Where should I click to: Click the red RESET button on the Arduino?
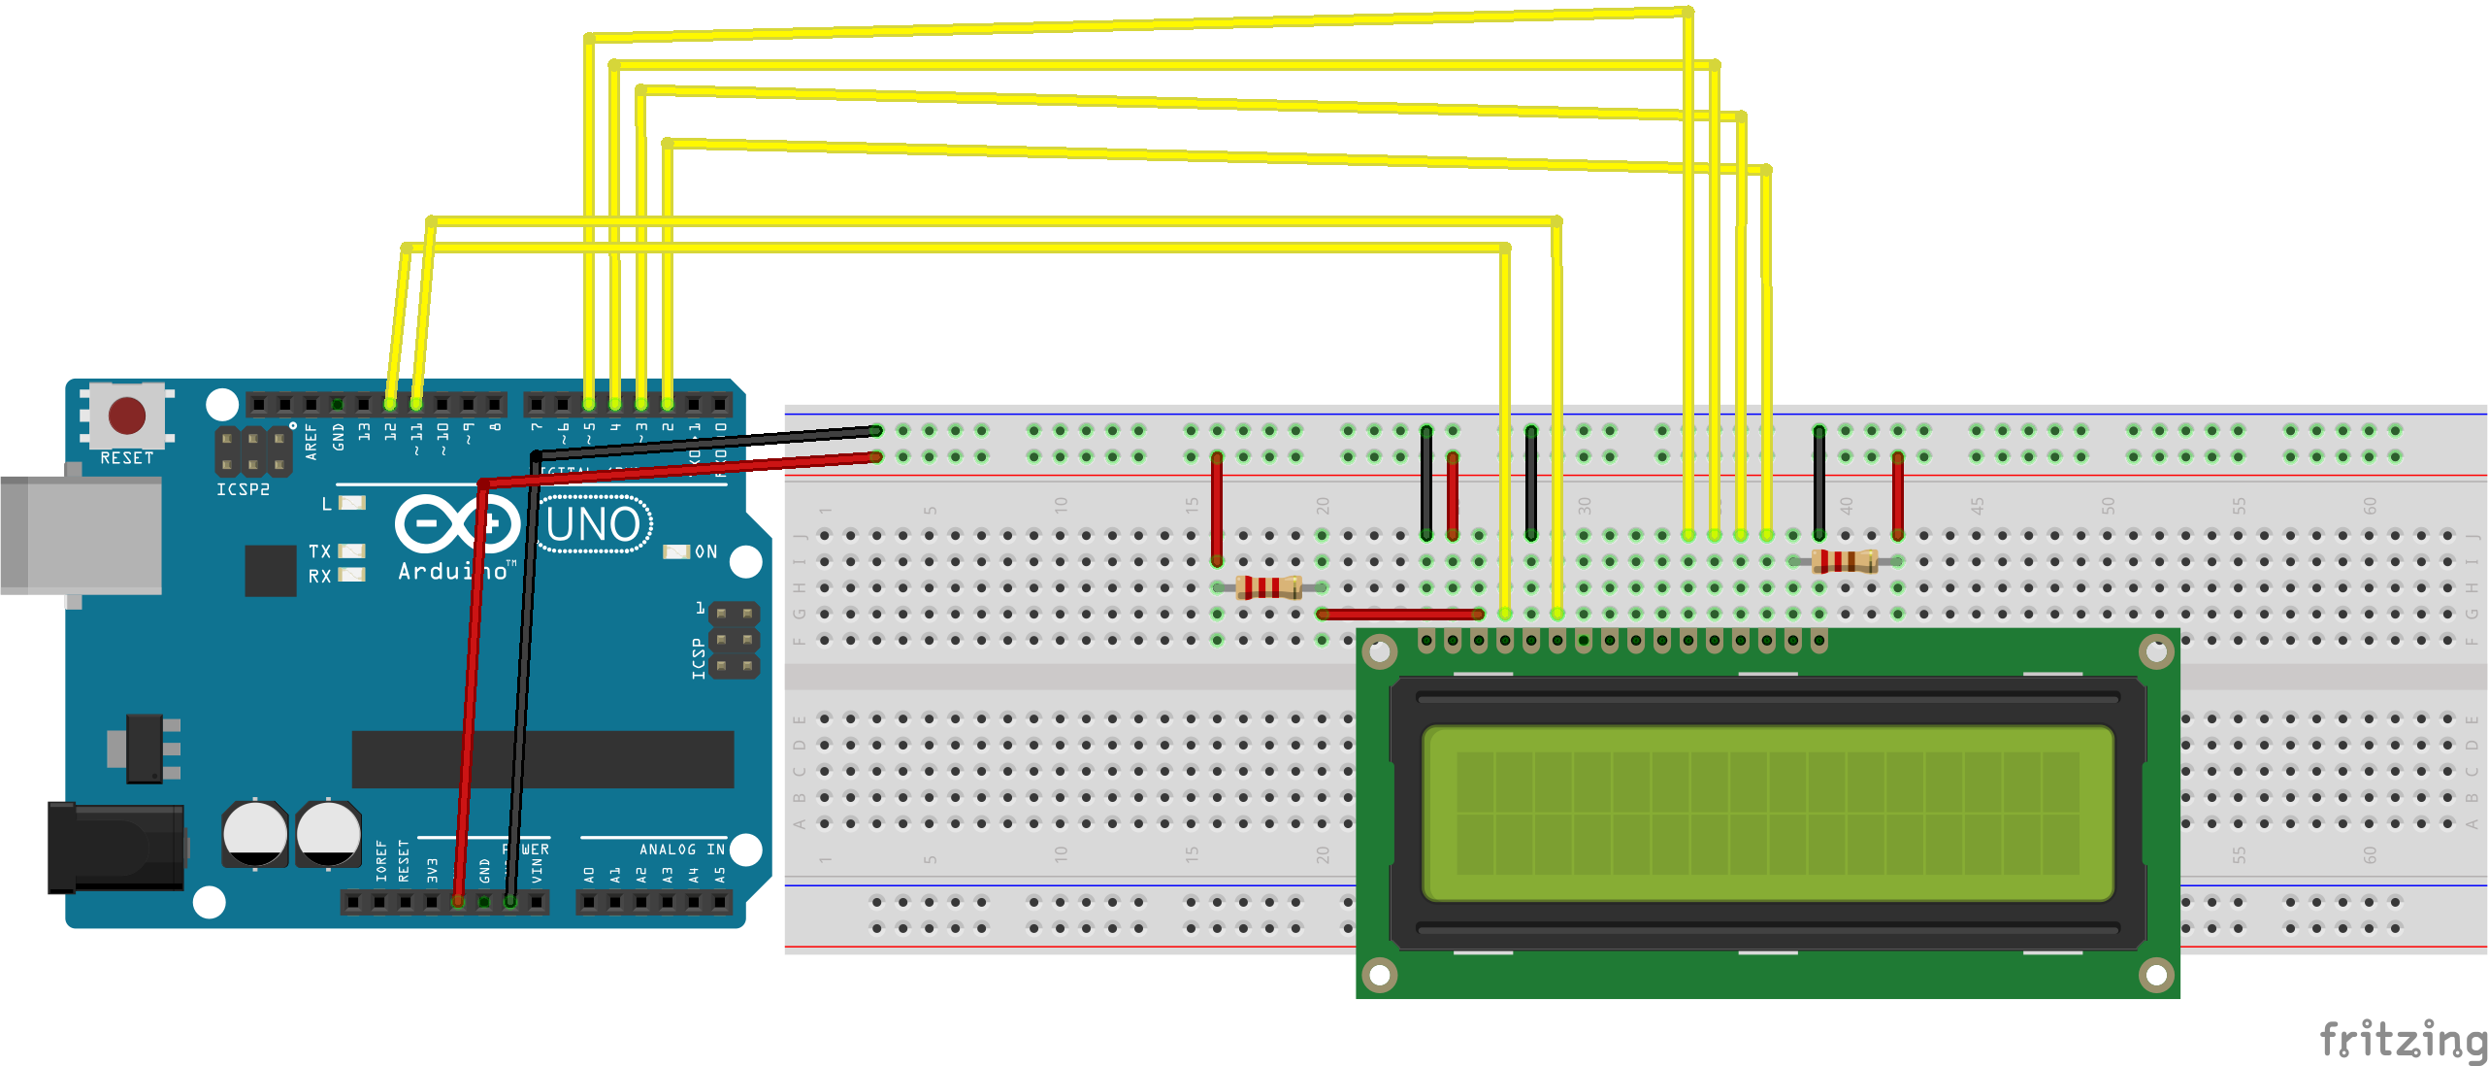127,416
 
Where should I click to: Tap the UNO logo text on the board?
594,525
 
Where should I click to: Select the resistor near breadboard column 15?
1268,587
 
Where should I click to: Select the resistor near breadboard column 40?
1845,561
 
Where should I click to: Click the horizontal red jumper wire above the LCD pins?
1400,614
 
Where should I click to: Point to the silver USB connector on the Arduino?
82,535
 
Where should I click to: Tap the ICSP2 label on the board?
243,489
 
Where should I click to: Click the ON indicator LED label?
705,551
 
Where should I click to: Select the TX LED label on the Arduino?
319,550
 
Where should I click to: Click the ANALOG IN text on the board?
681,849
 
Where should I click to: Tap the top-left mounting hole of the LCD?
1380,651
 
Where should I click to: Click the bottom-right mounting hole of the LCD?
2155,974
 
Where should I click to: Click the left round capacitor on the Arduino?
255,833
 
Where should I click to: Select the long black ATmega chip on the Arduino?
542,759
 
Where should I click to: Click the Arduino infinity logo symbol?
457,524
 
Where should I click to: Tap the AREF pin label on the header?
311,441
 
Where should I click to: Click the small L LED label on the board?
327,504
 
